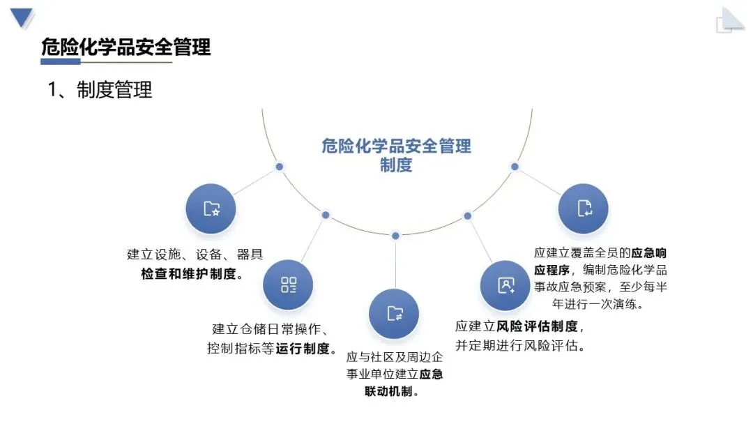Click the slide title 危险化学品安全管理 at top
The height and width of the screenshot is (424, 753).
[x=125, y=47]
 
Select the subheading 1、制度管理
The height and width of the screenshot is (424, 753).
[x=100, y=89]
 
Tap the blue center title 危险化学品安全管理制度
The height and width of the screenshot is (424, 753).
[x=396, y=155]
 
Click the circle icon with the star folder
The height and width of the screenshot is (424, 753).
[x=211, y=209]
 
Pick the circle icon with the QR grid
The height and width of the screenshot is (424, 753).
[x=288, y=285]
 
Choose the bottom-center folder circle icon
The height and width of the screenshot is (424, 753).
[x=394, y=313]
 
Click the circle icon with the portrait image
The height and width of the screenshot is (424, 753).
[x=505, y=285]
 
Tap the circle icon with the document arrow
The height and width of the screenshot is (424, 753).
[x=584, y=208]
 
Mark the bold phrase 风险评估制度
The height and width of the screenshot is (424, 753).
[x=537, y=326]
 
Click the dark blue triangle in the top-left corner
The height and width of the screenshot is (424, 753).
[x=23, y=17]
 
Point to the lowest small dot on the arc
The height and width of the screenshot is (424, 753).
[x=395, y=236]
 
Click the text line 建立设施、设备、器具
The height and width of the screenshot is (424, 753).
[x=195, y=255]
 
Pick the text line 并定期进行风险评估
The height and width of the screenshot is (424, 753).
[x=519, y=345]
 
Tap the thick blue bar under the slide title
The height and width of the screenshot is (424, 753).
[x=70, y=61]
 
